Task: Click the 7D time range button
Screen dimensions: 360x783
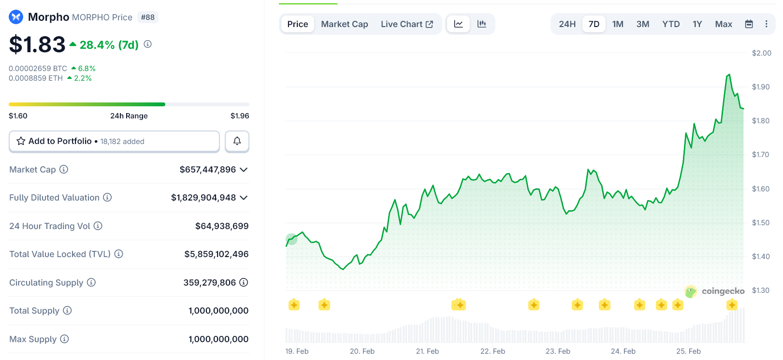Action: [x=594, y=24]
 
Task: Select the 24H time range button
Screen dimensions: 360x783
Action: [x=567, y=24]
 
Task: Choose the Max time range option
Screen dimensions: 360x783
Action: [x=723, y=24]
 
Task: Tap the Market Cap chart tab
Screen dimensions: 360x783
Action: [x=344, y=24]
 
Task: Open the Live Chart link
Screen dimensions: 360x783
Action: [x=406, y=24]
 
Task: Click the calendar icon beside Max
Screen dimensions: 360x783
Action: [x=749, y=24]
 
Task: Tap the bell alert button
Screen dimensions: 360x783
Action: [x=237, y=141]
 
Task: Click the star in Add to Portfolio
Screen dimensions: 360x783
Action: [x=21, y=141]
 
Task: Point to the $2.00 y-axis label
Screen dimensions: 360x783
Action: [x=761, y=53]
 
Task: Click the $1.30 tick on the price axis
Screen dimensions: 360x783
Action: [x=760, y=290]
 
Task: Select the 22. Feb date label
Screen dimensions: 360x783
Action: [x=493, y=351]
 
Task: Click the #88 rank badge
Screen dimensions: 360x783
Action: [x=147, y=17]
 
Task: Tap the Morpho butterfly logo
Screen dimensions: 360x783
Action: [x=16, y=17]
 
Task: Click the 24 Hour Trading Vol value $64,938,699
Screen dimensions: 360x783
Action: [x=221, y=226]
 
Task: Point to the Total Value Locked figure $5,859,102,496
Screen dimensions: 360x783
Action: [x=216, y=254]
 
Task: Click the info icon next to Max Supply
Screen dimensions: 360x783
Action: [x=64, y=339]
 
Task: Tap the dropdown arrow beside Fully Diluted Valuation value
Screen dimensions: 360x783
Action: [x=244, y=198]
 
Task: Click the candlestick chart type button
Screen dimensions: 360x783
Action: [x=481, y=24]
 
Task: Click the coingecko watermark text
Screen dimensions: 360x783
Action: [x=723, y=291]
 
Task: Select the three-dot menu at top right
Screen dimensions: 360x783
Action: [x=766, y=24]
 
